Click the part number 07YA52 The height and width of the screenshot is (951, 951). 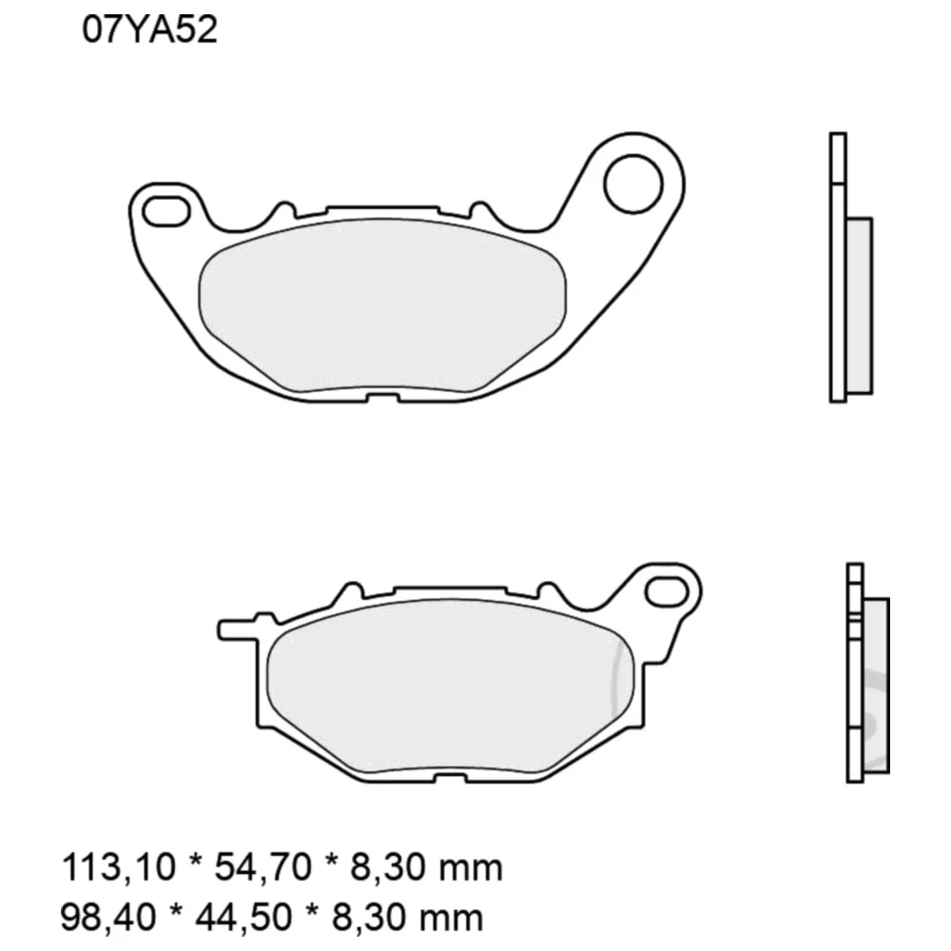(x=151, y=30)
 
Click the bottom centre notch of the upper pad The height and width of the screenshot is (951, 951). (x=384, y=397)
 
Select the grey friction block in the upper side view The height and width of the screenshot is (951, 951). (x=858, y=306)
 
